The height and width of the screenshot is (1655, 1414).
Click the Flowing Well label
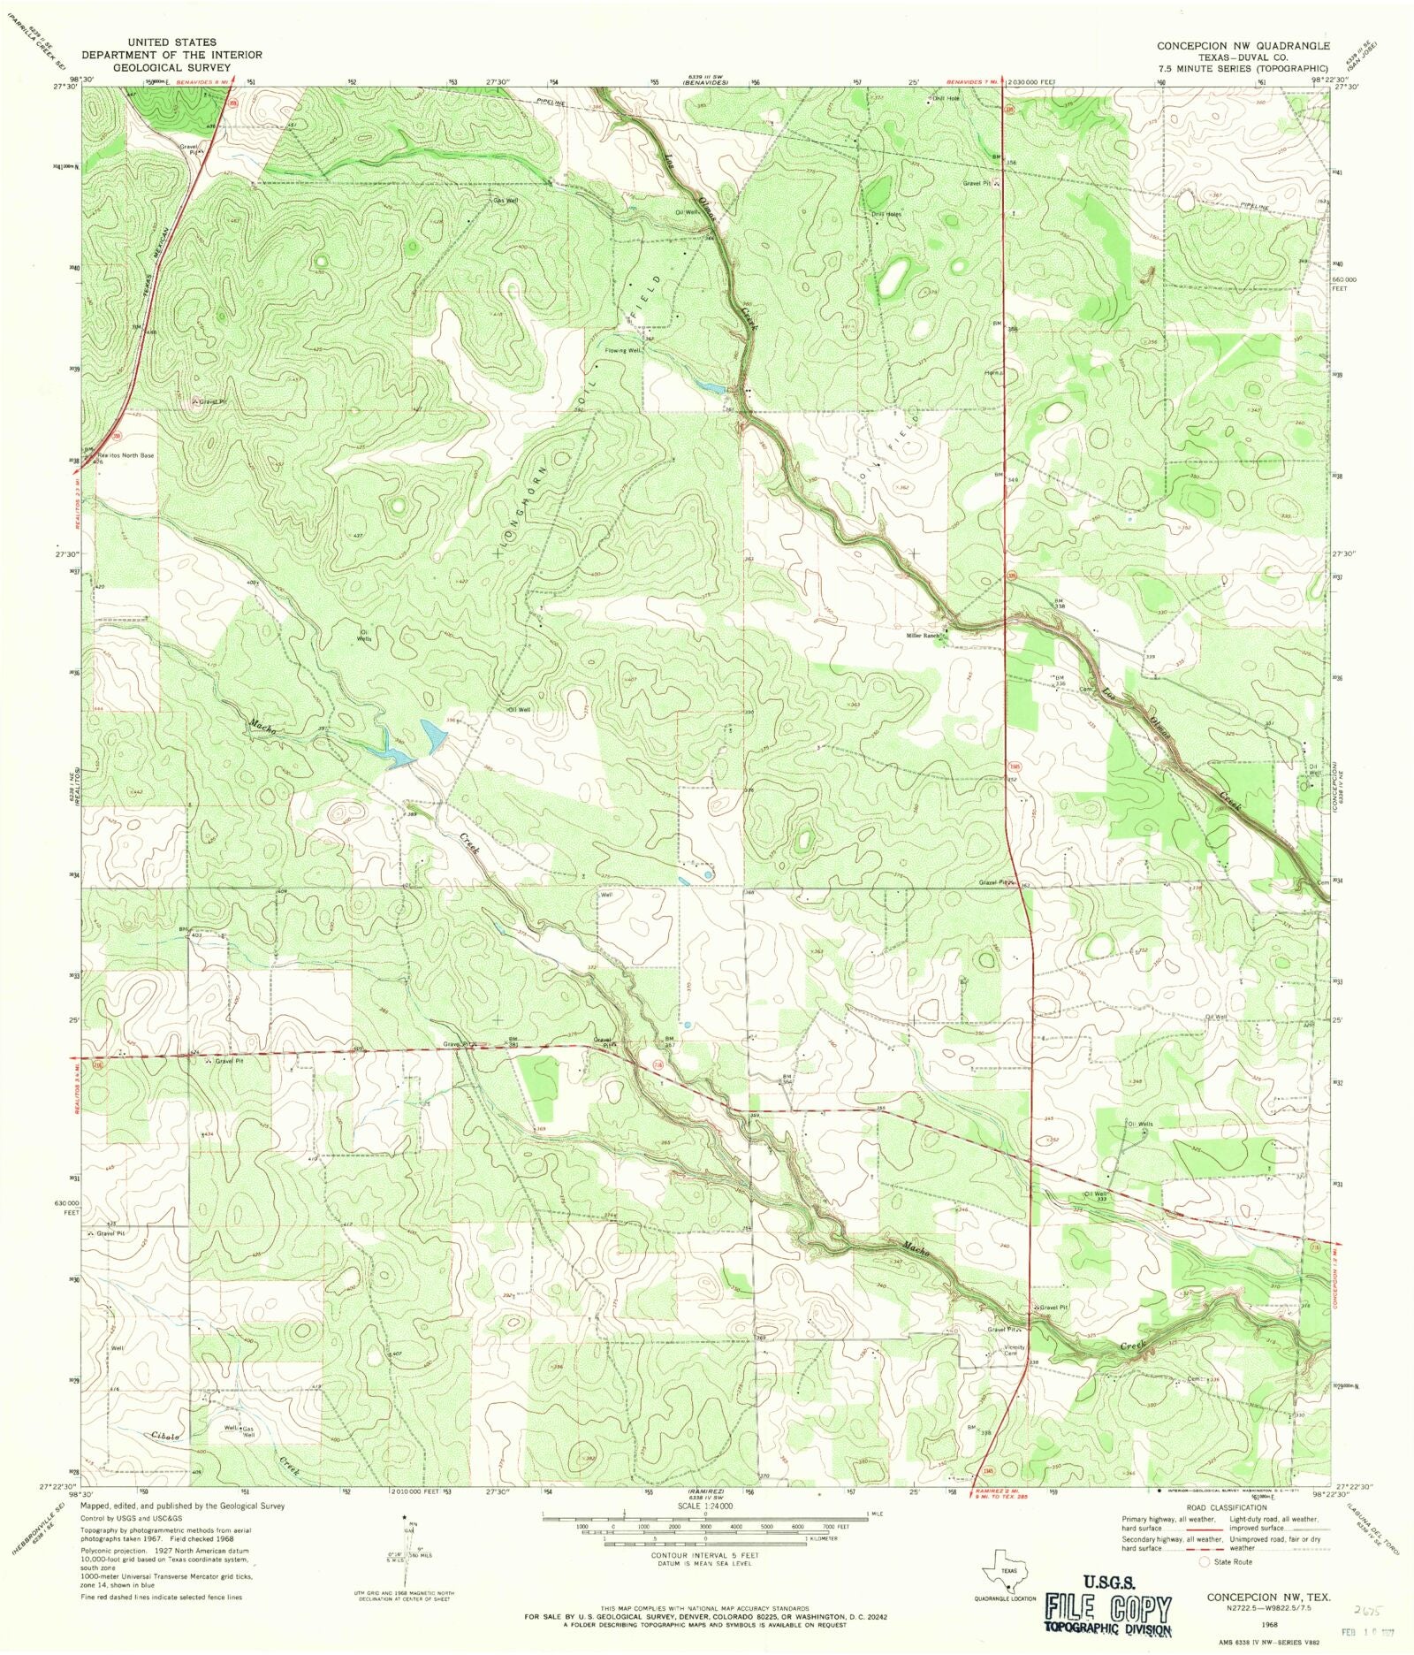[622, 350]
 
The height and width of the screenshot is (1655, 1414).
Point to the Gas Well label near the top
[506, 201]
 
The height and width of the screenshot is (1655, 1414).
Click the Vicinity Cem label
[1015, 1350]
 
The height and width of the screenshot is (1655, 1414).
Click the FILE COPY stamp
[1108, 1608]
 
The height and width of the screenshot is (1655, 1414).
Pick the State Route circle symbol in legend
[1203, 1562]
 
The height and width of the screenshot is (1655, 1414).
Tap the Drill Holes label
[886, 214]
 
